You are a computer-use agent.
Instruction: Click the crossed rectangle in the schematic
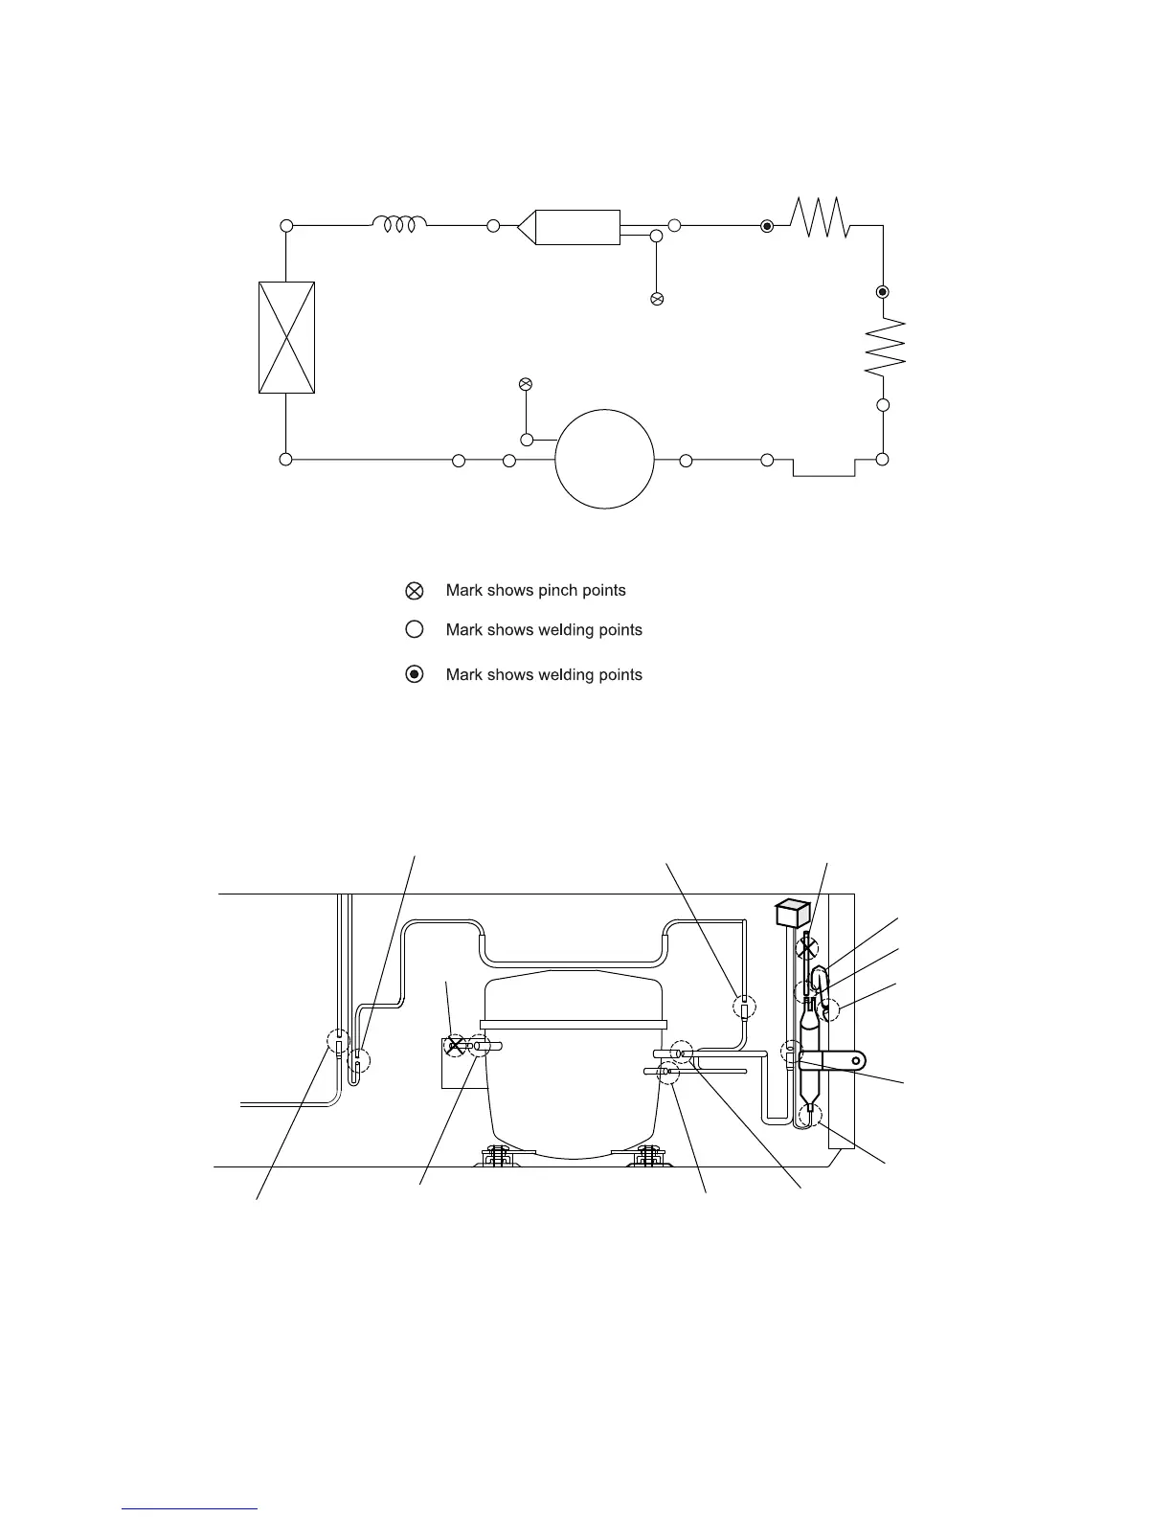click(x=286, y=337)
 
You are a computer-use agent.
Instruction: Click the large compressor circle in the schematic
click(x=604, y=410)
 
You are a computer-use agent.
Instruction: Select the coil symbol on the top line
click(x=399, y=224)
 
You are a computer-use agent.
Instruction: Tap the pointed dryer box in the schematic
click(x=569, y=227)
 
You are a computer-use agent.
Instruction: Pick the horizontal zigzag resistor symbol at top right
click(x=820, y=217)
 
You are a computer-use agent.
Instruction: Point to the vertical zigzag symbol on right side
click(x=885, y=347)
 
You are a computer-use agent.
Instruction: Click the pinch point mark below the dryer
click(x=657, y=299)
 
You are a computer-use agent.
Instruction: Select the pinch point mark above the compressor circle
click(x=526, y=384)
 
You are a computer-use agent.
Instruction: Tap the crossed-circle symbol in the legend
click(x=414, y=591)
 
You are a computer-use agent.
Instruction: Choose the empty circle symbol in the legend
click(x=414, y=629)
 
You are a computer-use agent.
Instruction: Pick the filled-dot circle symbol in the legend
click(x=414, y=674)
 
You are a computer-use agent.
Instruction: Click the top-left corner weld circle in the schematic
click(x=286, y=225)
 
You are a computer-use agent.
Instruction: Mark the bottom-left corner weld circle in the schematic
click(x=285, y=460)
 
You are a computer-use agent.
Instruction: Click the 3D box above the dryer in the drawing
click(x=793, y=913)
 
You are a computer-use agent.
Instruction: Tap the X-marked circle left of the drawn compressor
click(x=455, y=1046)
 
